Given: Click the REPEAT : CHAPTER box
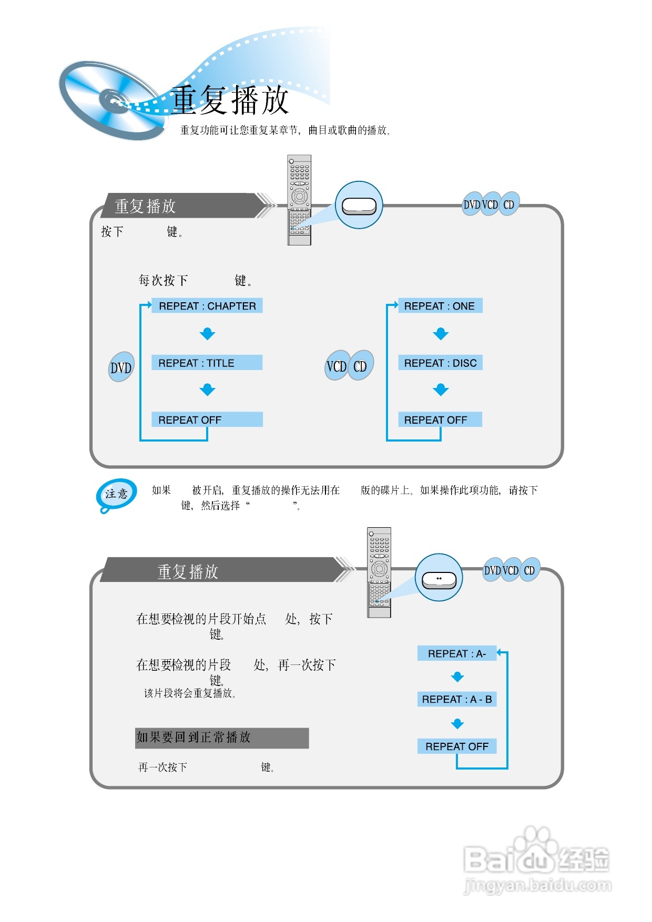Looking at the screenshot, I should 207,306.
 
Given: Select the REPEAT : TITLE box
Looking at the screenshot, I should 207,363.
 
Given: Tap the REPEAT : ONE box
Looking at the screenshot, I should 440,306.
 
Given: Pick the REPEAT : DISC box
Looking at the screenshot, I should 440,363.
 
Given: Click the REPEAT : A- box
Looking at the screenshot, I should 456,653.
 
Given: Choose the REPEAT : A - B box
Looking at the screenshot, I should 456,699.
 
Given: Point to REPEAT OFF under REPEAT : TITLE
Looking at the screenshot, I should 207,419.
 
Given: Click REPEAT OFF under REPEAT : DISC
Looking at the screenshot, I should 440,419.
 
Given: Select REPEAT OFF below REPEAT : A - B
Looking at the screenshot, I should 456,746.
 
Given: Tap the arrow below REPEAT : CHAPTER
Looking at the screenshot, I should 208,334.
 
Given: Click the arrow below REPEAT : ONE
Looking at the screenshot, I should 441,334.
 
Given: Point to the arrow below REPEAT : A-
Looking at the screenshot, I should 457,677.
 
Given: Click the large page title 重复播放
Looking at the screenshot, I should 230,100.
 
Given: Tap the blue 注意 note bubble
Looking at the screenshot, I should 116,494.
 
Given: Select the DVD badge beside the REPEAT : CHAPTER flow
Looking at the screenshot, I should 121,367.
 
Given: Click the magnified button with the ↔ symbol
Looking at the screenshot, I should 439,579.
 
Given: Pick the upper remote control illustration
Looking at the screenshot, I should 299,200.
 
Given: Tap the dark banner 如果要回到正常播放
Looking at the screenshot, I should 222,738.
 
